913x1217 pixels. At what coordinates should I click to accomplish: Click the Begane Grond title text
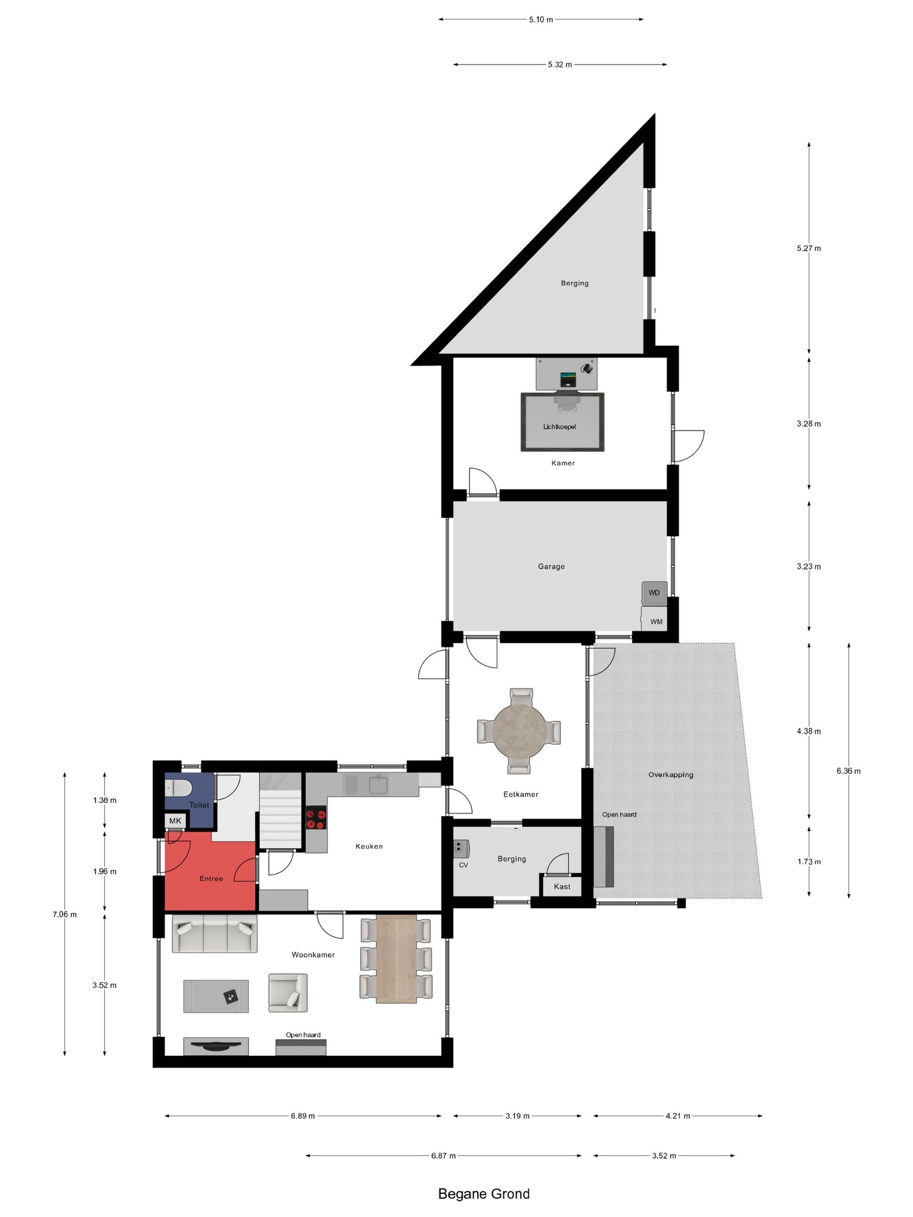tap(483, 1193)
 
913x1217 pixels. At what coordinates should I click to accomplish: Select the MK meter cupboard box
tap(175, 821)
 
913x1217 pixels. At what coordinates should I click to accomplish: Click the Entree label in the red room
tap(211, 879)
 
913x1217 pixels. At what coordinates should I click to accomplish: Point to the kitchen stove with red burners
tap(316, 817)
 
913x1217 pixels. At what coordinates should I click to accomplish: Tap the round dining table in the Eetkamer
tap(519, 731)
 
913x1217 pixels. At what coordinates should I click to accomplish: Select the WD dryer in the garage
tap(654, 593)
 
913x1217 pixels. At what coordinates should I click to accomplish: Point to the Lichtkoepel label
tap(559, 426)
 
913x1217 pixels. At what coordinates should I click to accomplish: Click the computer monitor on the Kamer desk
tap(567, 379)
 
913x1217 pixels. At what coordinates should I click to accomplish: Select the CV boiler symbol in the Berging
tap(461, 849)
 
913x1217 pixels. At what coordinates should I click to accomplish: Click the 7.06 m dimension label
tap(64, 914)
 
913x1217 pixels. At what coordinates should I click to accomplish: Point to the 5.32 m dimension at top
tap(560, 64)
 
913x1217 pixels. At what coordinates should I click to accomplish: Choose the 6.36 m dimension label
tap(849, 771)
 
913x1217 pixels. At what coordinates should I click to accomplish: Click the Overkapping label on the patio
tap(670, 775)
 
